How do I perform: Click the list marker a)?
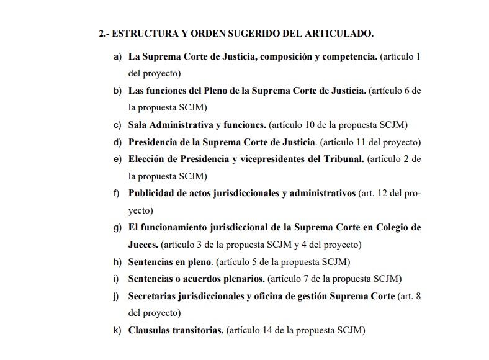click(x=117, y=56)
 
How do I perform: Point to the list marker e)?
click(x=117, y=159)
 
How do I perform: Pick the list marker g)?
click(x=117, y=227)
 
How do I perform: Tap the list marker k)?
click(x=117, y=330)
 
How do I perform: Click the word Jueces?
click(x=143, y=245)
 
